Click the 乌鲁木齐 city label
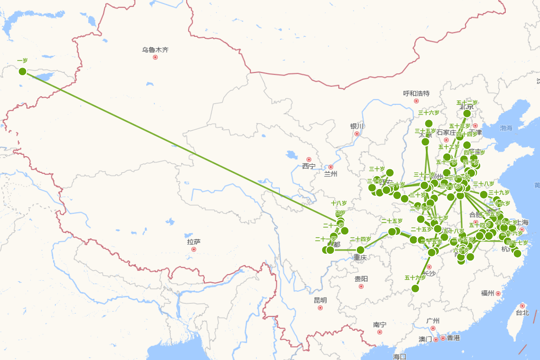click(x=155, y=49)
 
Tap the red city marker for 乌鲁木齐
click(x=155, y=57)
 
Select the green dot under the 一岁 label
click(x=22, y=71)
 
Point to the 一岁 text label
click(x=22, y=61)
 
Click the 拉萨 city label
click(x=194, y=242)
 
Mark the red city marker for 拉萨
click(x=194, y=249)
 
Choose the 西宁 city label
click(x=309, y=166)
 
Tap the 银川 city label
click(x=357, y=126)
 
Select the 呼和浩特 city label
click(x=416, y=94)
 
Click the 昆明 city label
click(x=320, y=300)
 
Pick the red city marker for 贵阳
click(x=361, y=286)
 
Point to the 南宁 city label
click(x=380, y=324)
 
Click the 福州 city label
click(x=487, y=293)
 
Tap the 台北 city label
click(x=522, y=313)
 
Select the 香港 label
click(x=454, y=338)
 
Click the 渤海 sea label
click(x=506, y=128)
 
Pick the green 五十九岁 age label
click(x=415, y=278)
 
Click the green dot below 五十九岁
click(x=415, y=288)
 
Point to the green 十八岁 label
click(x=339, y=203)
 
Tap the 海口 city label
click(x=400, y=356)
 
